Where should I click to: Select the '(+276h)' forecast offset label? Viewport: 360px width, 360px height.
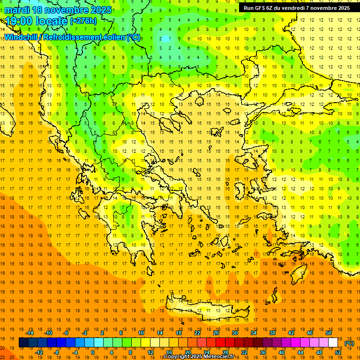(83, 21)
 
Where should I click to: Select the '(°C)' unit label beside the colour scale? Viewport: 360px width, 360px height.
(349, 343)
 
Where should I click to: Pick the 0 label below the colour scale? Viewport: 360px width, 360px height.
(93, 352)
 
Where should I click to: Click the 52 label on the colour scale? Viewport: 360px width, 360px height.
(338, 352)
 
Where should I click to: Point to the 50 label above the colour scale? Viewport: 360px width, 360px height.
(329, 333)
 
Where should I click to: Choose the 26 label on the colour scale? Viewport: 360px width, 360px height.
(216, 333)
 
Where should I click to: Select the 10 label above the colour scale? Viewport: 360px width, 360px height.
(141, 333)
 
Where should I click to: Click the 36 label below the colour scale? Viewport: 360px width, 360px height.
(263, 352)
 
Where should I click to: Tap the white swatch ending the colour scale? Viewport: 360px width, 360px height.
(333, 343)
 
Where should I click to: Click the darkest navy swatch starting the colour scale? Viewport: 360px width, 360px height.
(23, 343)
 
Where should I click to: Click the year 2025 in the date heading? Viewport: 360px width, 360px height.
(101, 10)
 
